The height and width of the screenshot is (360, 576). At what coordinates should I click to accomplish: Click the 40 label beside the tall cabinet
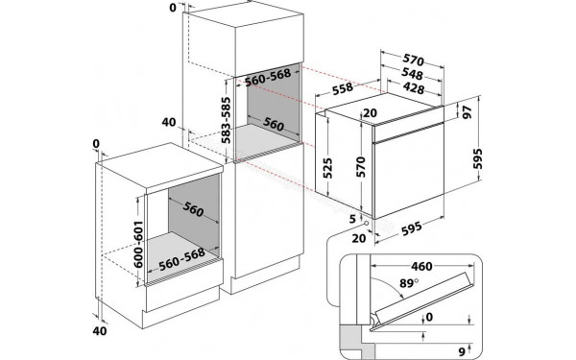[169, 122]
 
